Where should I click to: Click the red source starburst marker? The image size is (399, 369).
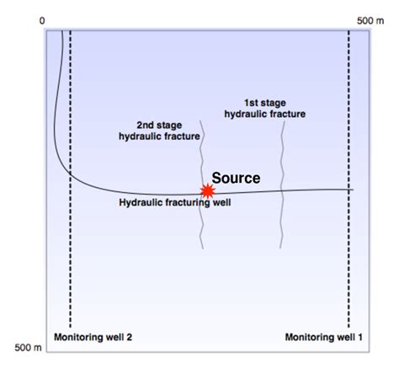(205, 191)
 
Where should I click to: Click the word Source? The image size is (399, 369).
(236, 178)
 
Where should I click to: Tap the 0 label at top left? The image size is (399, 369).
(42, 19)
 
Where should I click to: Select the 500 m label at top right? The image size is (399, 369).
(371, 19)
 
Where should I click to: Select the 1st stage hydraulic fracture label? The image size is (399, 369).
(263, 107)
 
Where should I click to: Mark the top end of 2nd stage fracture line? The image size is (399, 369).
(201, 126)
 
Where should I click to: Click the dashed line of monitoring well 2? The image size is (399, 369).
(70, 253)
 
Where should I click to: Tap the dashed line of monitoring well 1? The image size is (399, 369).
(348, 253)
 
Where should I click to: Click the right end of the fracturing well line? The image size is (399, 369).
(351, 190)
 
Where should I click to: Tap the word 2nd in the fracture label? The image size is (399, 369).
(148, 123)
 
